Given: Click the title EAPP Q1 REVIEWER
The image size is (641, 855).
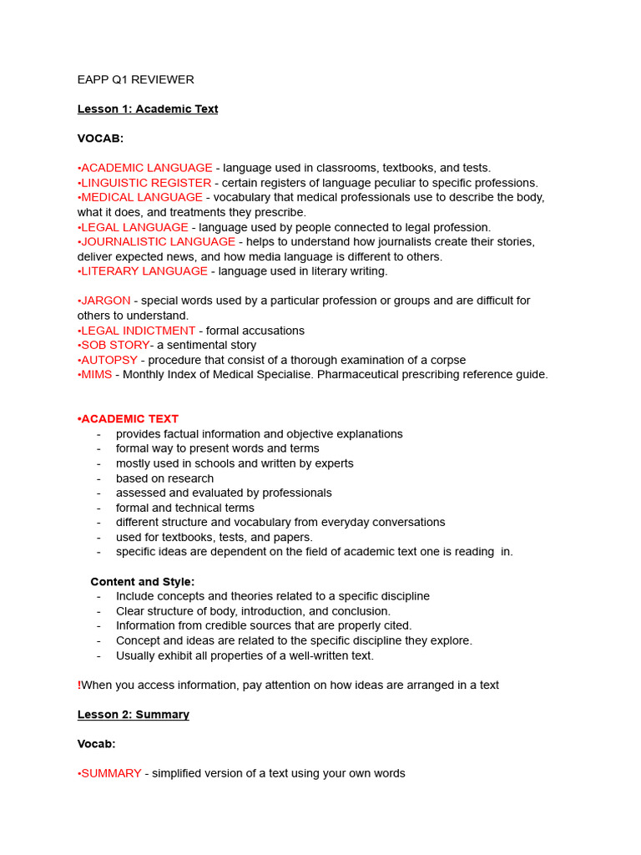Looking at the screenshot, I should click(135, 80).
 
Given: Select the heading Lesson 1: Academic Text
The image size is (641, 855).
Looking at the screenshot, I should click(148, 109).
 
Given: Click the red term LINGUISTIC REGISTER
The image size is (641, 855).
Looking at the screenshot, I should click(145, 183).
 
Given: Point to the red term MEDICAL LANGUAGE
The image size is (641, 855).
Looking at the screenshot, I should click(141, 197).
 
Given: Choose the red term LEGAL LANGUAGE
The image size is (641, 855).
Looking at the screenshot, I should click(134, 227).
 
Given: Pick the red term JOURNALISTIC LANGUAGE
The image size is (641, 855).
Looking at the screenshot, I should click(158, 241).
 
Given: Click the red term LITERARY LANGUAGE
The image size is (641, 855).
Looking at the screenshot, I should click(144, 271).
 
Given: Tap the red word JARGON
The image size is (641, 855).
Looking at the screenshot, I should click(105, 301).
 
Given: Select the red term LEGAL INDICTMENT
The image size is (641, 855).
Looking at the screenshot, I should click(138, 331).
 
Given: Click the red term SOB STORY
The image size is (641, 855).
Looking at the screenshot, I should click(114, 345).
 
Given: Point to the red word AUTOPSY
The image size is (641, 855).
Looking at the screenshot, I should click(109, 360).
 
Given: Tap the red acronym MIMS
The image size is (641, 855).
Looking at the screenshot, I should click(96, 375).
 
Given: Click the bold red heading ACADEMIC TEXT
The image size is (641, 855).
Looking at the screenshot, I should click(129, 419).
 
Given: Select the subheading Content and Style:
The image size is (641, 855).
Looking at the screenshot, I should click(143, 582).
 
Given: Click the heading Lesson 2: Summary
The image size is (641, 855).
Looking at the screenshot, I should click(134, 715).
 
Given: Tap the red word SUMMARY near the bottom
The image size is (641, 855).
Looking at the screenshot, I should click(111, 774).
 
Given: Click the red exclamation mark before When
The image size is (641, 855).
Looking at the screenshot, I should click(79, 686).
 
